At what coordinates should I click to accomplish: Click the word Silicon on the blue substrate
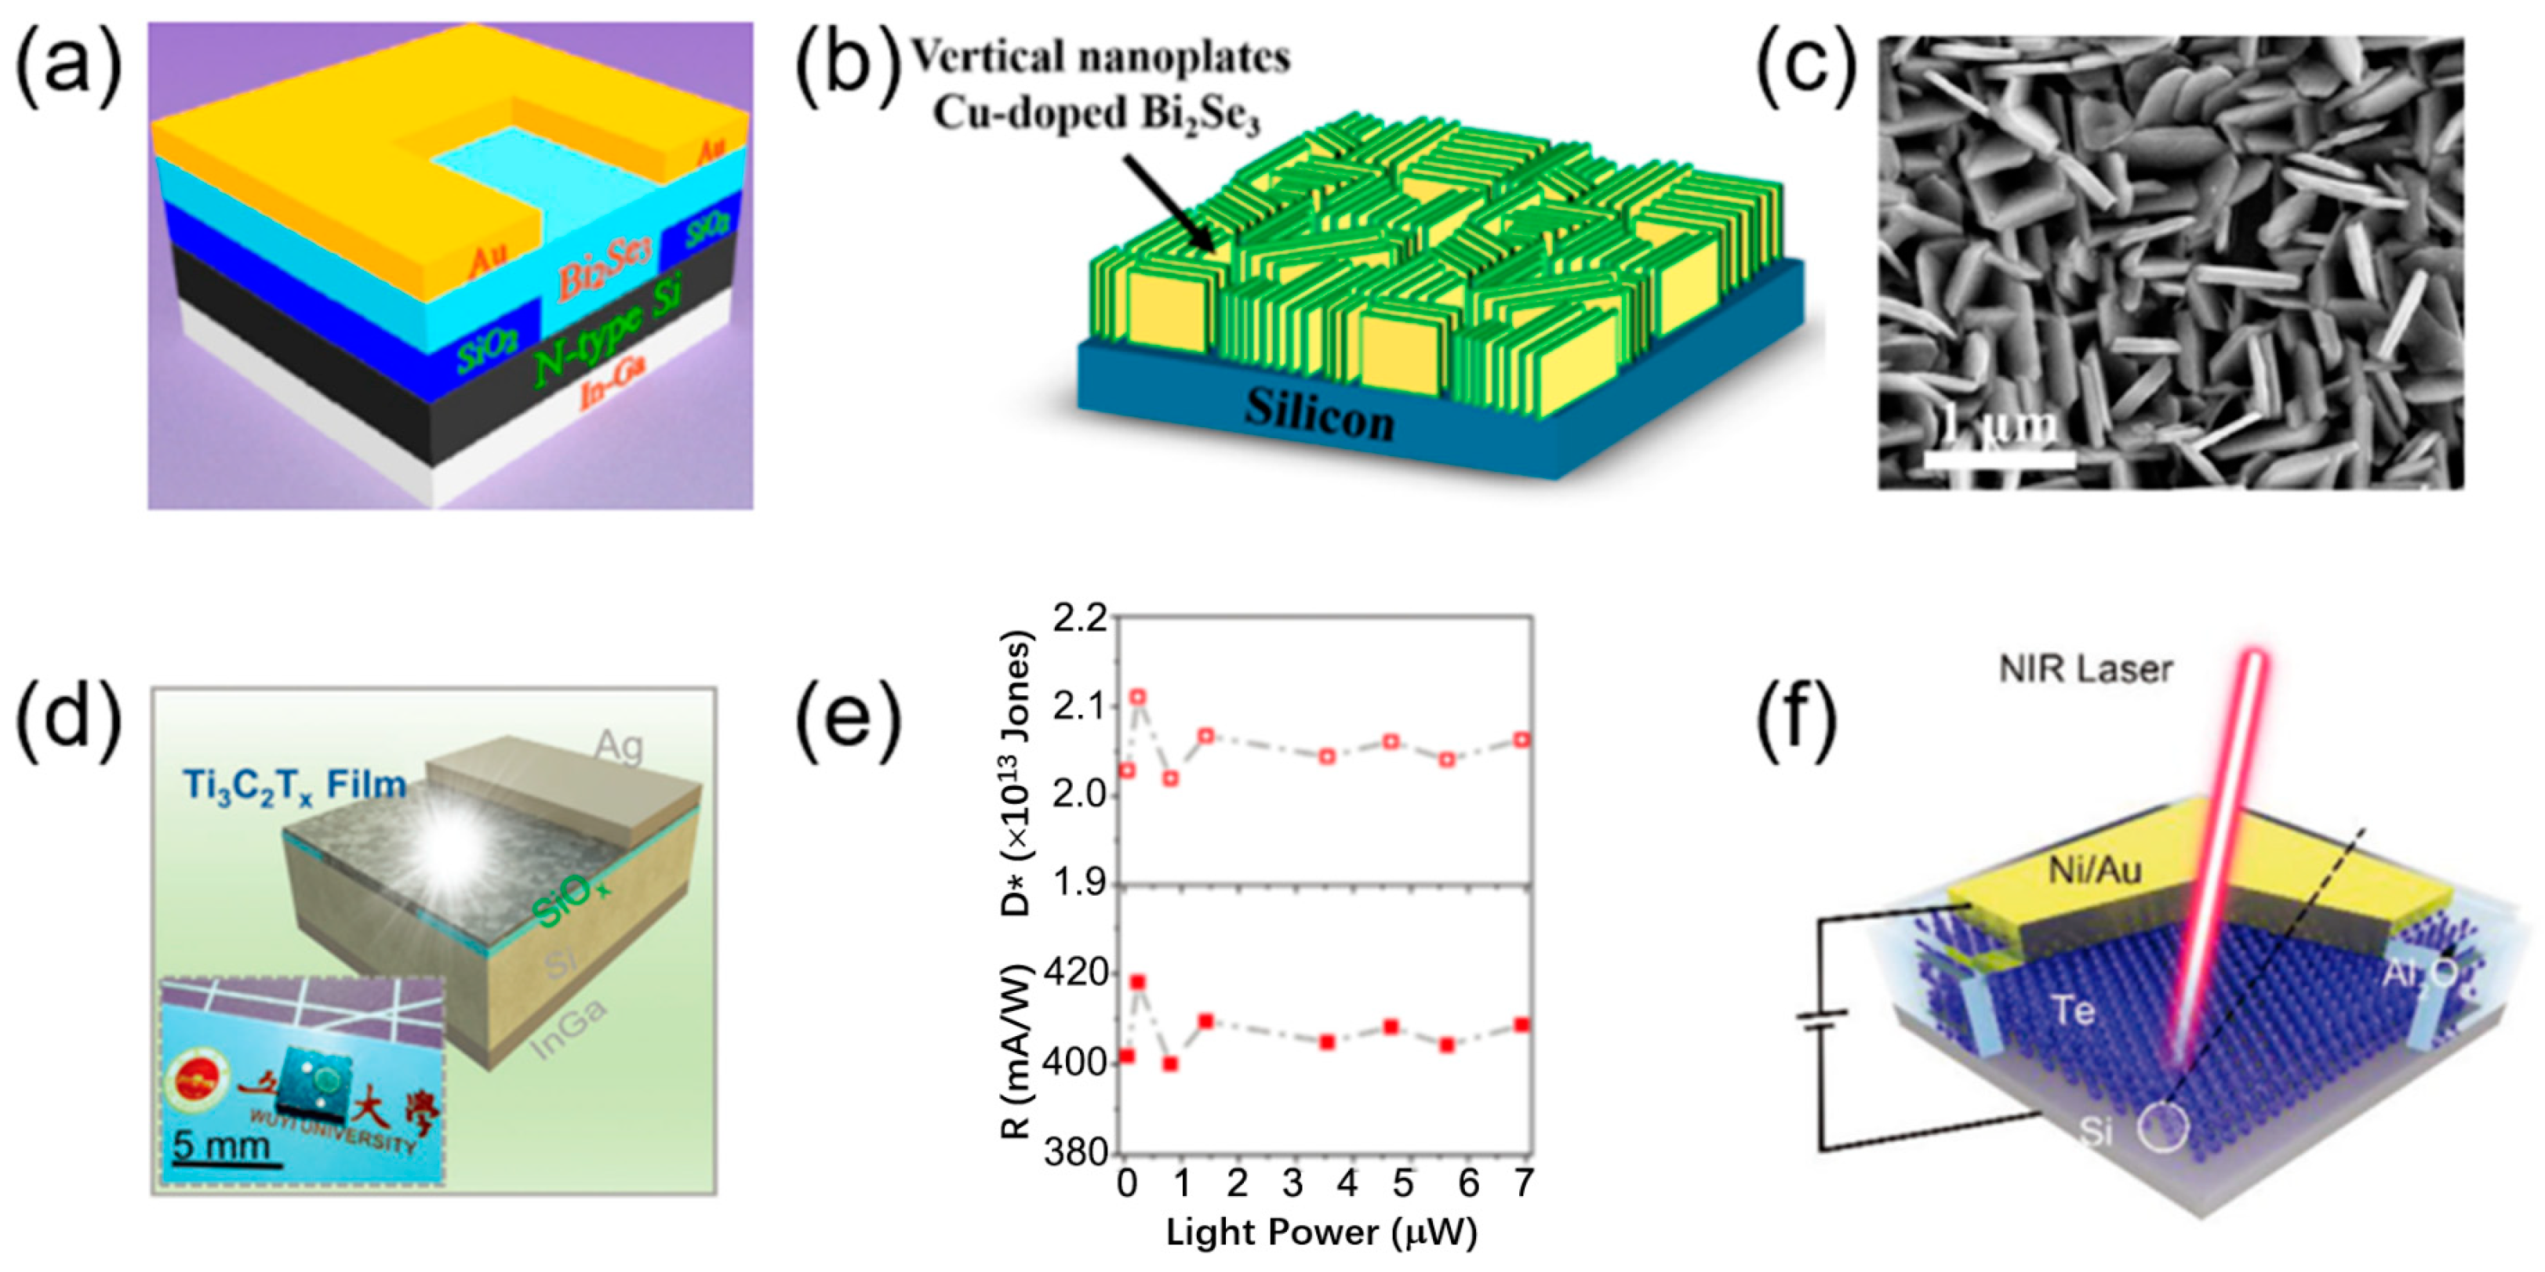point(1319,415)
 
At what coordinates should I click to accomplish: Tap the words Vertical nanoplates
point(1099,56)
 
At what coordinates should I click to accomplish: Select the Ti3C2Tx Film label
point(294,786)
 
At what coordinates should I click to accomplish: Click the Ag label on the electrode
point(619,747)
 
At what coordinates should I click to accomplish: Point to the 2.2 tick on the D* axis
point(1081,620)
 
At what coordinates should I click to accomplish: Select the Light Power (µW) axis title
point(1322,1234)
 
